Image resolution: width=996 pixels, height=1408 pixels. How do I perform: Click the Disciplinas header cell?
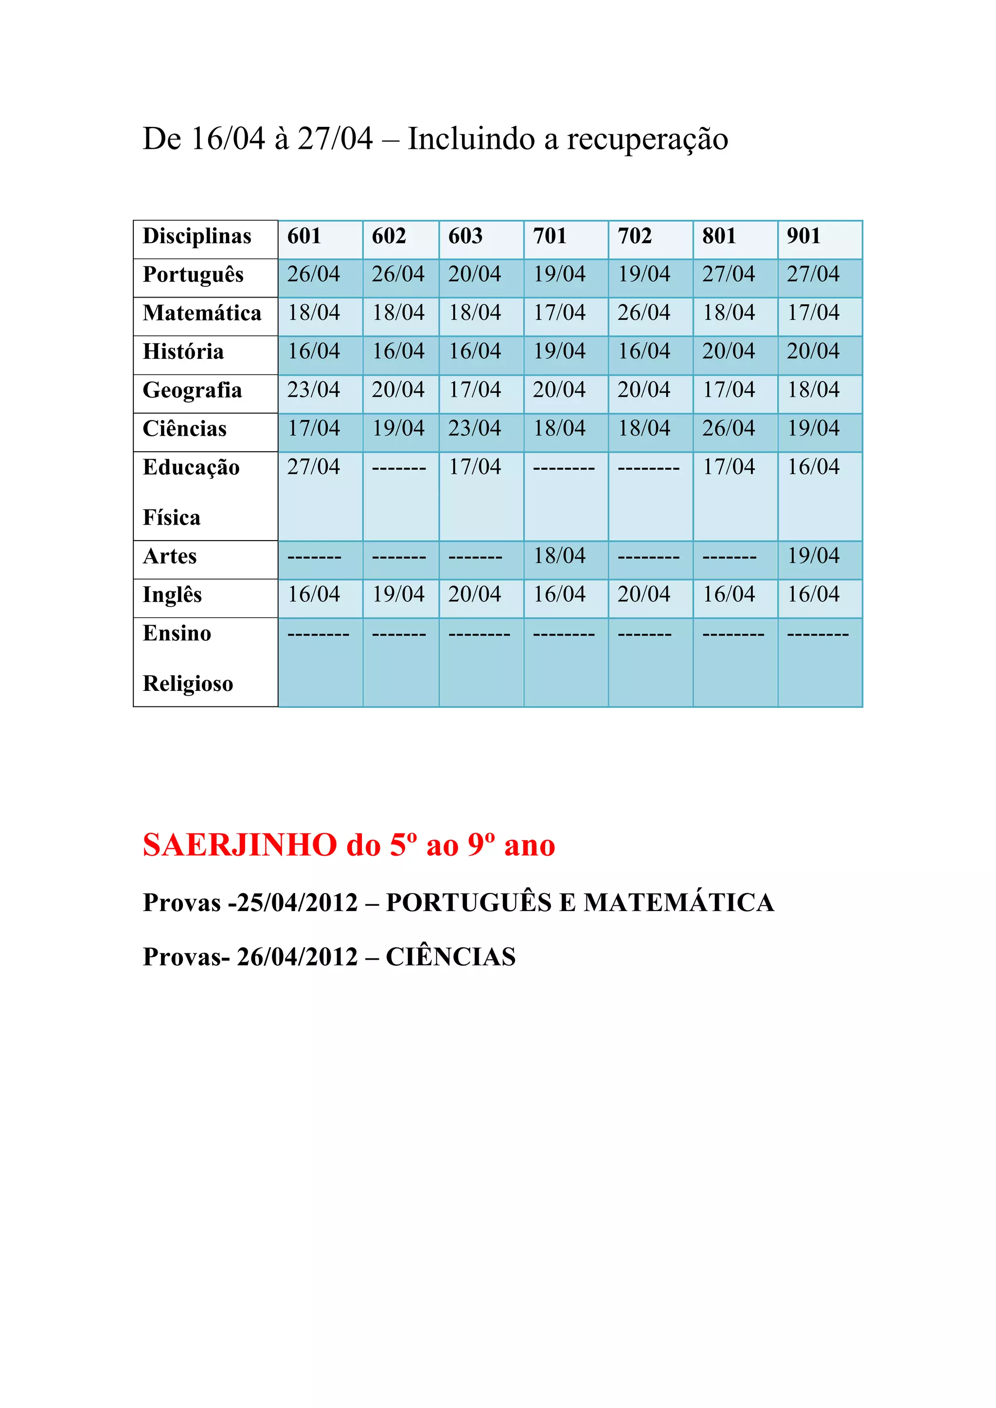[x=197, y=236]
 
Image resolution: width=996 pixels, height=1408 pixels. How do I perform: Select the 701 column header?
[x=550, y=236]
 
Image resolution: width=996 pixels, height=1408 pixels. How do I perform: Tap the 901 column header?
[x=803, y=236]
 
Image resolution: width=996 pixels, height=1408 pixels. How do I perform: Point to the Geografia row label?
[x=192, y=390]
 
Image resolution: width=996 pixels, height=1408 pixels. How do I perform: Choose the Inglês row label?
[x=172, y=595]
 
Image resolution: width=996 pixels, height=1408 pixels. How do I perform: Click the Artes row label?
[x=170, y=556]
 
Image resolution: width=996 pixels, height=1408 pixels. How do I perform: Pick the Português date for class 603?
[x=474, y=274]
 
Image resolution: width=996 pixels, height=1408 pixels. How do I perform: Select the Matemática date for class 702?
[x=643, y=313]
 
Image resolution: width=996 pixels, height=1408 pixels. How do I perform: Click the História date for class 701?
[x=559, y=352]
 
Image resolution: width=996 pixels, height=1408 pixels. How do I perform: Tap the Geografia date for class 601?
[x=313, y=390]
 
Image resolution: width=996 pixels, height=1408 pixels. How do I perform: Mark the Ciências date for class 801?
[x=728, y=428]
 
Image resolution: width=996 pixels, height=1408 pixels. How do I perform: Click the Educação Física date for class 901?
[x=813, y=467]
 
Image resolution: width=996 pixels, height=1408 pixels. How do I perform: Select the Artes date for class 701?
[x=559, y=556]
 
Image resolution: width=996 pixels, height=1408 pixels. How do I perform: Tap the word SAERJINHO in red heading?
[x=240, y=845]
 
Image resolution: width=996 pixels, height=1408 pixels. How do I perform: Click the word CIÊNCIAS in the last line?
[x=450, y=957]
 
